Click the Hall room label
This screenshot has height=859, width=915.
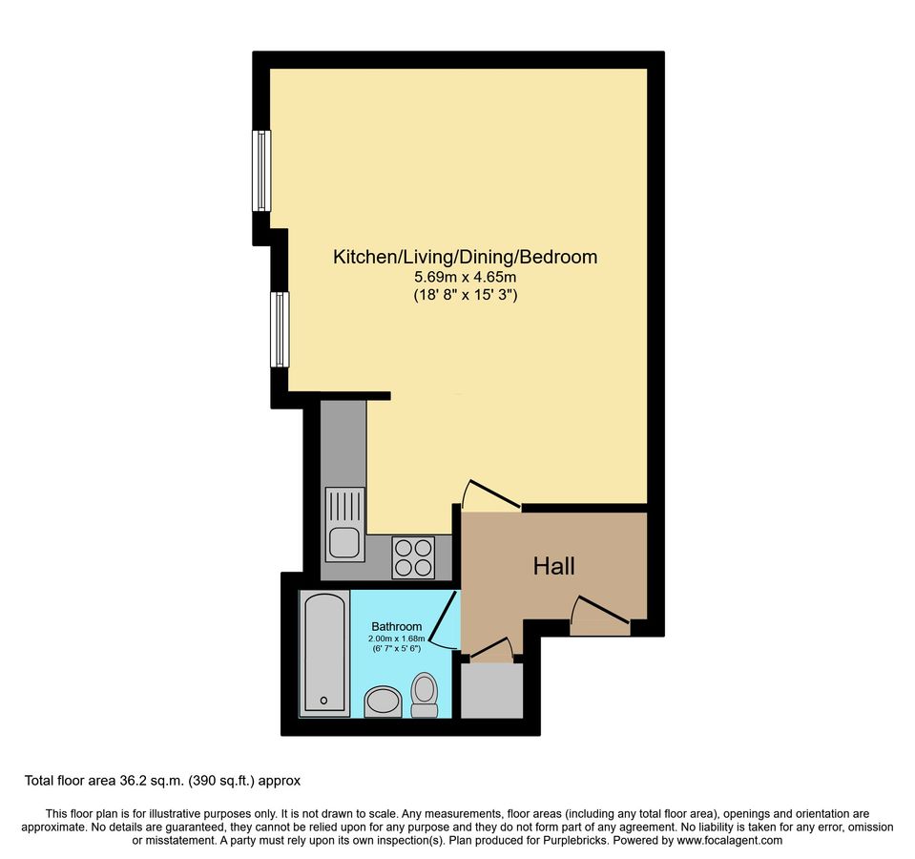pyautogui.click(x=553, y=566)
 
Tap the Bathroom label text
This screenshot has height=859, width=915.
pyautogui.click(x=396, y=627)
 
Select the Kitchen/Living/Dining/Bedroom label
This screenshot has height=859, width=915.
pyautogui.click(x=465, y=257)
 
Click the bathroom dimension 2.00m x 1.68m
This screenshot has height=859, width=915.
pyautogui.click(x=396, y=639)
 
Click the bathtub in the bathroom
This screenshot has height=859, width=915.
pyautogui.click(x=325, y=653)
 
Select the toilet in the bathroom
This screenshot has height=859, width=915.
pyautogui.click(x=424, y=694)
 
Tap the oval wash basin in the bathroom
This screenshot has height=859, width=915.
pyautogui.click(x=384, y=702)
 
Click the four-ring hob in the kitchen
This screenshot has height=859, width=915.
pyautogui.click(x=413, y=556)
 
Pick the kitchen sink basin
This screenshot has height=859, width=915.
pyautogui.click(x=343, y=542)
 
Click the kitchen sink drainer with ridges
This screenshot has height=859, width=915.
pyautogui.click(x=343, y=505)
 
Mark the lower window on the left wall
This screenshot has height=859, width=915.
pyautogui.click(x=279, y=329)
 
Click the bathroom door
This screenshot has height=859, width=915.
pyautogui.click(x=441, y=619)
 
